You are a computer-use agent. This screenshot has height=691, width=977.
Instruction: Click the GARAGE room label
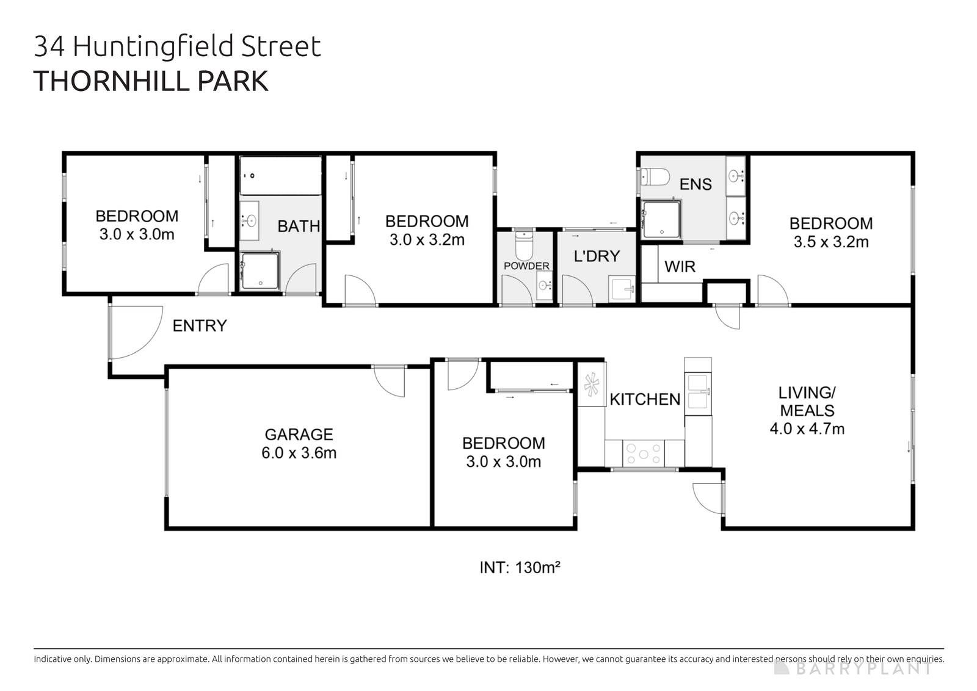(299, 434)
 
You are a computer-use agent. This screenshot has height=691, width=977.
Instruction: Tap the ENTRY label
(200, 326)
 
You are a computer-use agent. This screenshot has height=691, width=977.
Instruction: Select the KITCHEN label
(645, 399)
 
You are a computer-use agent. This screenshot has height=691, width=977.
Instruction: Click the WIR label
(680, 266)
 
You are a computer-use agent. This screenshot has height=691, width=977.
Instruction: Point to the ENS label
(696, 184)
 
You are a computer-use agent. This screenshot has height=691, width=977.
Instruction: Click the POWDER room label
(526, 266)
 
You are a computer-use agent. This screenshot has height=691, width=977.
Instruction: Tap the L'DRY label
(597, 256)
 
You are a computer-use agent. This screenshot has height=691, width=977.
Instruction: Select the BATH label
(299, 226)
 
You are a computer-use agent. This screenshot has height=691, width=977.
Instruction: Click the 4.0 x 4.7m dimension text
(807, 429)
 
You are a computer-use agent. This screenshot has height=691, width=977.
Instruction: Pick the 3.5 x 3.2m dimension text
(830, 242)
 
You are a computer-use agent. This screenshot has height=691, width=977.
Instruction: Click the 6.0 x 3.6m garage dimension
(299, 453)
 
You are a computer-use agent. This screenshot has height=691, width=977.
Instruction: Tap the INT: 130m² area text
(520, 568)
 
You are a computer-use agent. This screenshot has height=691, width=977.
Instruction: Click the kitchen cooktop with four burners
(643, 453)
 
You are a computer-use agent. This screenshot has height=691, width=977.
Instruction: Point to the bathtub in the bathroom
(280, 176)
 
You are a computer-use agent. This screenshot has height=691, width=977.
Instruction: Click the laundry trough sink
(622, 289)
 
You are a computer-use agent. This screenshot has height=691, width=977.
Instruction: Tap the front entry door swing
(131, 333)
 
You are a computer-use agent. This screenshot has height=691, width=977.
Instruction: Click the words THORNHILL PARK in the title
(151, 81)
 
